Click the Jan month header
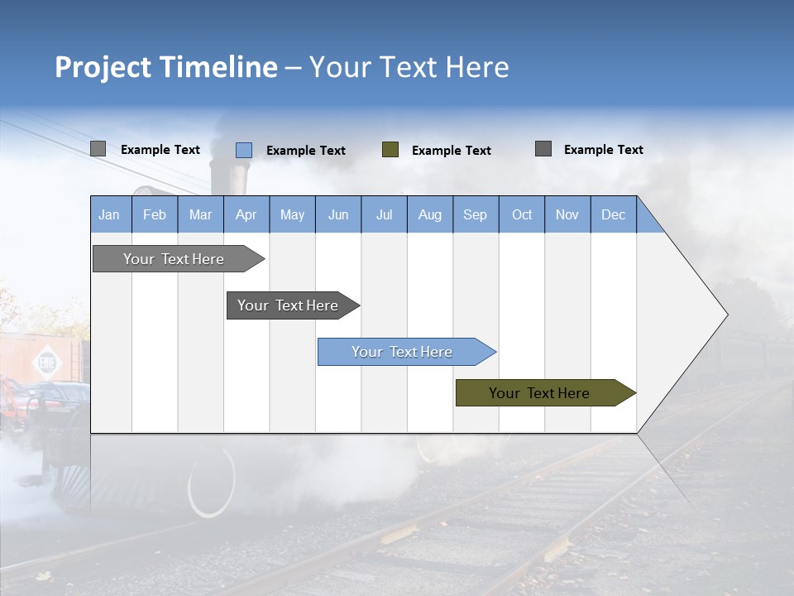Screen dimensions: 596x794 click(x=109, y=214)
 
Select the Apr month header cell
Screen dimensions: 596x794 click(x=246, y=214)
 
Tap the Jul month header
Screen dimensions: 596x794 click(x=384, y=214)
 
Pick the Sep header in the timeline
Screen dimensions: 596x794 click(x=475, y=214)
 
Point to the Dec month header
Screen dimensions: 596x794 click(x=613, y=214)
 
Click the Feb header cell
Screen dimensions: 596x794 click(x=154, y=214)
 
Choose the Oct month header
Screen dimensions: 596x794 click(x=522, y=214)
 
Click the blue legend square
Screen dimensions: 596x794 click(x=243, y=150)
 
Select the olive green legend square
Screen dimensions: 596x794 click(x=390, y=150)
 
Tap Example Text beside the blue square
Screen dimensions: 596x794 click(x=305, y=151)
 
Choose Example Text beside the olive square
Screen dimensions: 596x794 click(x=451, y=151)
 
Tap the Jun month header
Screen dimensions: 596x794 click(x=337, y=214)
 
